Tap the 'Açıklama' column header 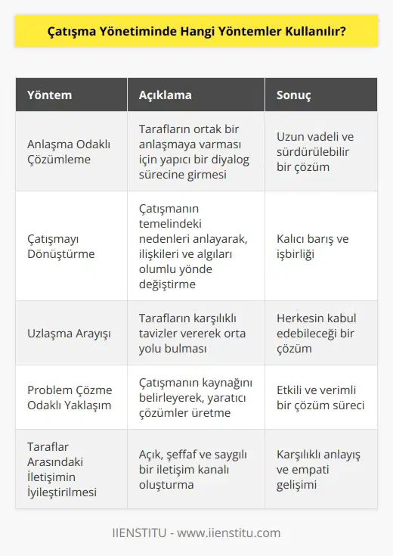(166, 96)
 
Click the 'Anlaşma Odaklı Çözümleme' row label (67, 151)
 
